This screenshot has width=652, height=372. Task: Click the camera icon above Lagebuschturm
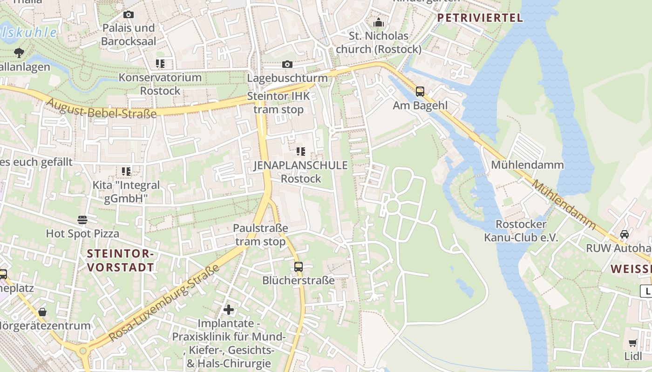point(287,64)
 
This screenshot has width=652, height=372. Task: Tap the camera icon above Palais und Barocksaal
point(129,15)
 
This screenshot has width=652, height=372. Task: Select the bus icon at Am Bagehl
point(420,92)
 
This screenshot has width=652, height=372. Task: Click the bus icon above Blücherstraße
point(299,267)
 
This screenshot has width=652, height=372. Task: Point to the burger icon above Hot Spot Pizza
point(82,219)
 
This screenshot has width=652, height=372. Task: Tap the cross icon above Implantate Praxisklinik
point(229,309)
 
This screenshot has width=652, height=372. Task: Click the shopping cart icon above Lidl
point(633,343)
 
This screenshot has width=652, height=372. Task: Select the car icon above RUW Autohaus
point(625,234)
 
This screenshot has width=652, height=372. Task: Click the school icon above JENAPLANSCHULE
point(301,151)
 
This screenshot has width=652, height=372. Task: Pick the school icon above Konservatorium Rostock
point(160,64)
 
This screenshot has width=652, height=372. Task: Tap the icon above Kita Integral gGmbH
point(126,172)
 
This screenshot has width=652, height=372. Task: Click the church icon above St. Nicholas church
point(379,22)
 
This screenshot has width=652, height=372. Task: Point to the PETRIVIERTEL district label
point(480,18)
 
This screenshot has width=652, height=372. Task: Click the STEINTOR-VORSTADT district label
point(121,260)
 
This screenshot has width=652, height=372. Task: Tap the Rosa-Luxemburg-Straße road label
point(164,303)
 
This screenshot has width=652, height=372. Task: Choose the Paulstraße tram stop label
point(260,235)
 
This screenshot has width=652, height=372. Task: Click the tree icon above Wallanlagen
point(19,53)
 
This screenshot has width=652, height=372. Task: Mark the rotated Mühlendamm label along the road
point(564,205)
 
